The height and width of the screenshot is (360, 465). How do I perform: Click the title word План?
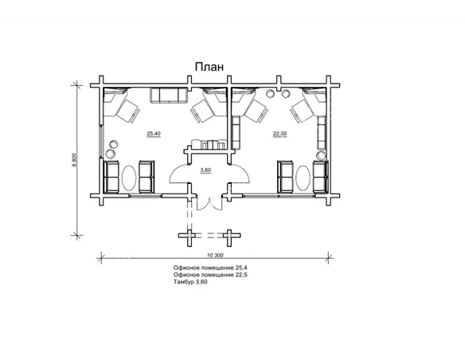coord(209,67)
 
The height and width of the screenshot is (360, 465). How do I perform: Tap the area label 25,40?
coord(154,134)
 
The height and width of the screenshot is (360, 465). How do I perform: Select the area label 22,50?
coord(280,134)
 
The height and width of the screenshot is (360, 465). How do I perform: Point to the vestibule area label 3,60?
coord(205,170)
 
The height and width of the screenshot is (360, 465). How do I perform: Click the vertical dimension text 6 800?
coord(74,160)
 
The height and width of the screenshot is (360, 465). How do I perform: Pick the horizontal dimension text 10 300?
coord(215,255)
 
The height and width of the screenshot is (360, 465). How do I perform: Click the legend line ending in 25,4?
coord(210,268)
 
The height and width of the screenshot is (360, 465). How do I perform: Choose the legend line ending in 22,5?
coord(210,275)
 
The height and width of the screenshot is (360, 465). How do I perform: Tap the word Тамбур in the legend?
coord(184,282)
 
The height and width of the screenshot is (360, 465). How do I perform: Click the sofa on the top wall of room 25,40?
coord(169,96)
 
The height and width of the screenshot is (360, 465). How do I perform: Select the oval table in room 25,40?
coord(129,178)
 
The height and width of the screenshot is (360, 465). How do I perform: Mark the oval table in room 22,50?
coord(303,178)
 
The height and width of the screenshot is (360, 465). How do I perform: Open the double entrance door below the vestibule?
coord(209,203)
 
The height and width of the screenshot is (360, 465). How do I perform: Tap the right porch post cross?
coord(229,236)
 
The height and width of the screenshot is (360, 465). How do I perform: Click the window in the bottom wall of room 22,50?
coord(279,195)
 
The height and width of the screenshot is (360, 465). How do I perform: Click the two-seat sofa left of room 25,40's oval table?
coord(112,177)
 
